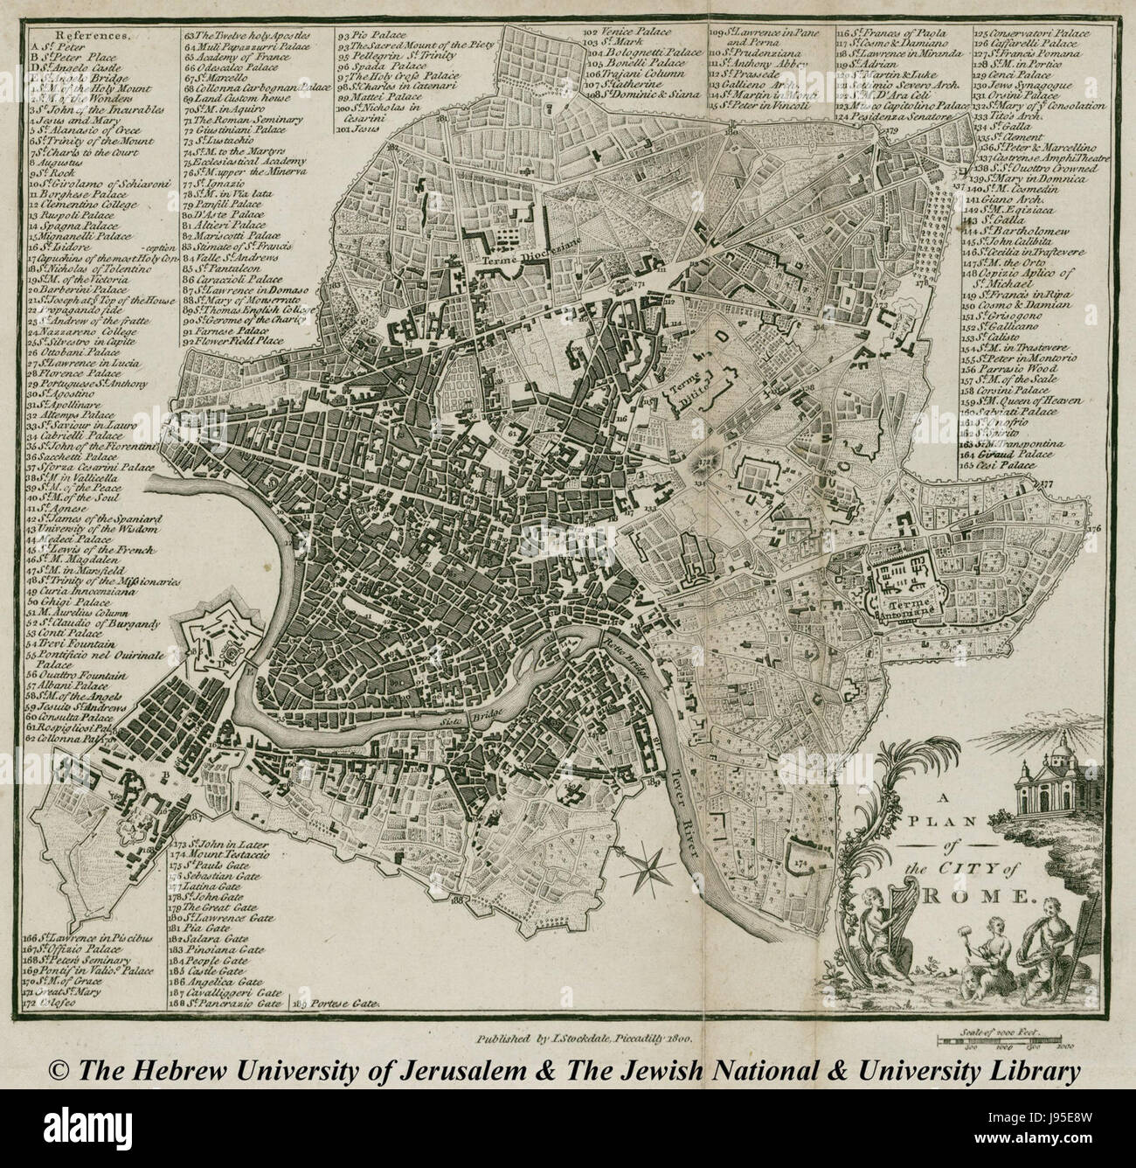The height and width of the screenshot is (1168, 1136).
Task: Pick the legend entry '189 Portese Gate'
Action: click(x=339, y=1005)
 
